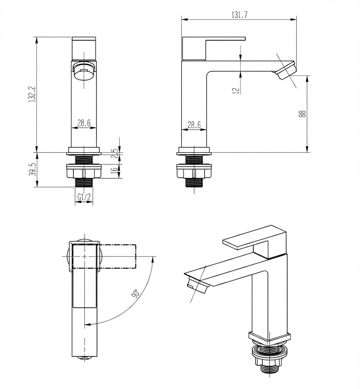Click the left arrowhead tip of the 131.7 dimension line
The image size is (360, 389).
pos(182,19)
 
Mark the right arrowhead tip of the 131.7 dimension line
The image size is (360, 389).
pos(297,19)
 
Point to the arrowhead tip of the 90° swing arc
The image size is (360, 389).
pos(85,324)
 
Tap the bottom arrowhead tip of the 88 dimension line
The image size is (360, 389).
pos(307,152)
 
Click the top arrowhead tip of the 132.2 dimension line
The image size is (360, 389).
pos(37,37)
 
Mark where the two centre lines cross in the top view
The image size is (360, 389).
pos(85,256)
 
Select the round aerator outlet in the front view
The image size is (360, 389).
pos(84,72)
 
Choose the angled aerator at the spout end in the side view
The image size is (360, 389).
pos(286,70)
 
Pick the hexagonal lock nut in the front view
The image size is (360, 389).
pos(84,171)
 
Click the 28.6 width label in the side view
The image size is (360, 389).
pos(194,125)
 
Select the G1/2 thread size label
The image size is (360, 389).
pos(84,197)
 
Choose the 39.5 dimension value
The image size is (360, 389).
pos(33,169)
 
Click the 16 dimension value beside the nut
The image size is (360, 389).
pos(114,171)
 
